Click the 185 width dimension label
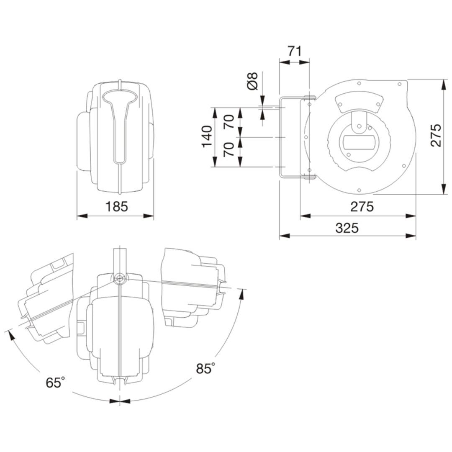tap(116, 206)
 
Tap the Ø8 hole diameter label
tap(252, 81)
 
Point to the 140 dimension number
tap(207, 136)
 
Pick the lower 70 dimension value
tap(229, 149)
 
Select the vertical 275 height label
tap(436, 136)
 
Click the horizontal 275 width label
tap(362, 206)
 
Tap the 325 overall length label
tap(347, 228)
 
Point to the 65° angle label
tap(55, 382)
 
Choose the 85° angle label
tap(205, 368)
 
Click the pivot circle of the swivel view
tap(119, 279)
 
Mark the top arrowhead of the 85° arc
tap(242, 294)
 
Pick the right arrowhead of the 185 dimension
tap(149, 216)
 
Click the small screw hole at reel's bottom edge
tap(359, 190)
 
